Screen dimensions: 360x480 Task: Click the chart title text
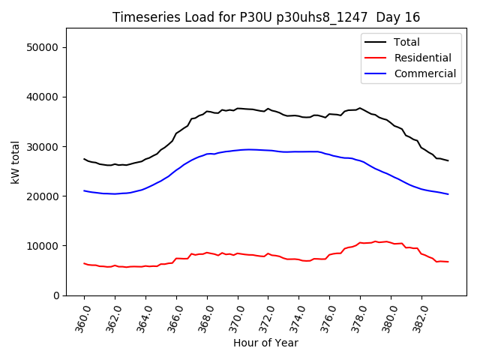(266, 17)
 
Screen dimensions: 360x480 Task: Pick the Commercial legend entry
(424, 73)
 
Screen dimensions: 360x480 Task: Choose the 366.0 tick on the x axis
(175, 318)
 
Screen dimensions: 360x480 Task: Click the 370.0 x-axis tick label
(236, 318)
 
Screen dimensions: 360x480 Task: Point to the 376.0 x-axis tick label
(328, 318)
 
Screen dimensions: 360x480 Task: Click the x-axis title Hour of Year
(265, 343)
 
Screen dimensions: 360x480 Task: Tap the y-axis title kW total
(15, 161)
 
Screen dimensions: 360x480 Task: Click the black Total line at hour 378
(360, 108)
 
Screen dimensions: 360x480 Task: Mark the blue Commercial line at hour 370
(238, 150)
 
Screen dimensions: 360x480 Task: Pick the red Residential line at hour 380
(391, 242)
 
